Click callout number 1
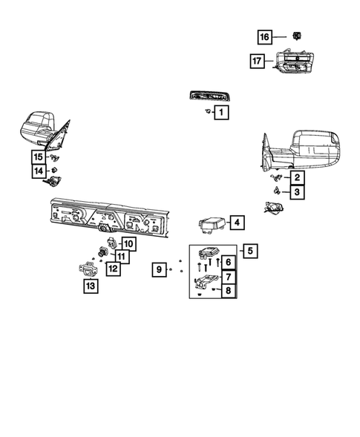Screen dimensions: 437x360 221,113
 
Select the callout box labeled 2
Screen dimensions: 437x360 295,177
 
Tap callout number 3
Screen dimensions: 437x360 295,193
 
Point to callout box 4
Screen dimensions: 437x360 235,222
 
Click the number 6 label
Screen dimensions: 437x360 228,262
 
